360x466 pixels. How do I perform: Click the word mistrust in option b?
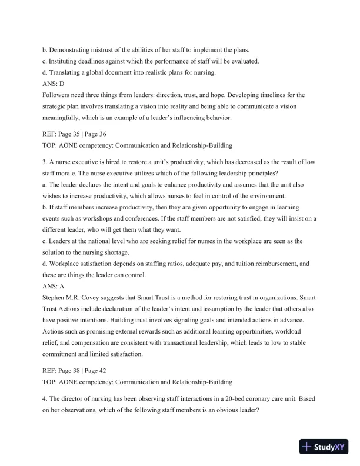coord(103,52)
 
